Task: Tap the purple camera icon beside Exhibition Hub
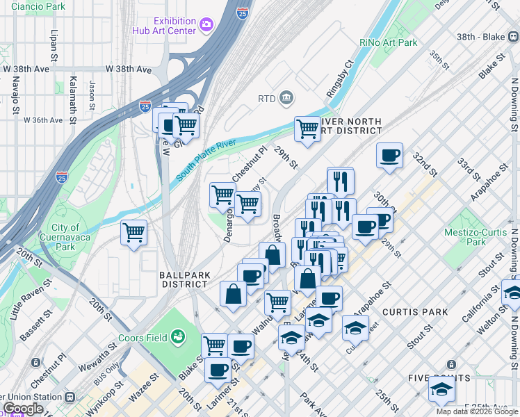[x=206, y=26]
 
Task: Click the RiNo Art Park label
[x=389, y=43]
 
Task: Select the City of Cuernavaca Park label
[x=65, y=237]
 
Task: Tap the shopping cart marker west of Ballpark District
[x=133, y=232]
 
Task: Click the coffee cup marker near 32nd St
[x=389, y=154]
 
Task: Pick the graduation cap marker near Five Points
[x=441, y=390]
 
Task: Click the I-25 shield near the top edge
[x=241, y=13]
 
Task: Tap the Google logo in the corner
[x=23, y=409]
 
